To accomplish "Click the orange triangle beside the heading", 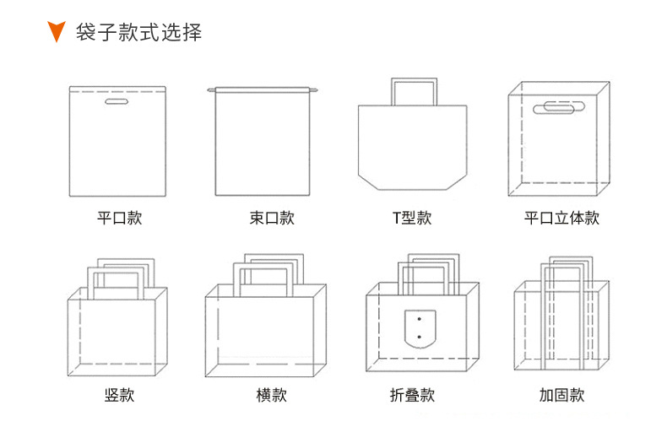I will pos(57,33).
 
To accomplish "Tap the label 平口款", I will pos(119,218).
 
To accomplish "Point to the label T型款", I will pos(411,218).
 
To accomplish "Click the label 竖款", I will pos(119,395).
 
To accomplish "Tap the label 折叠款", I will pos(411,395).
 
